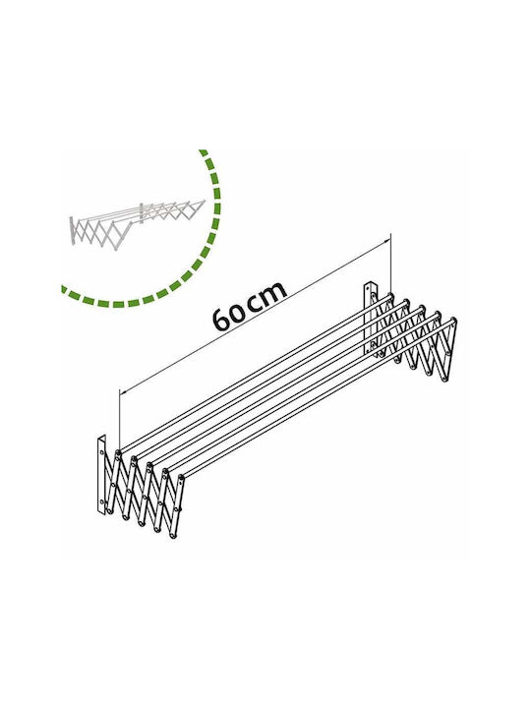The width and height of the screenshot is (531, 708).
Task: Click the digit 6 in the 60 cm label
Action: point(221,319)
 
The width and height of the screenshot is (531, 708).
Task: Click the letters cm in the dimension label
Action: point(268,296)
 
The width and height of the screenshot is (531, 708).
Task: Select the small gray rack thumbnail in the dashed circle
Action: point(138,224)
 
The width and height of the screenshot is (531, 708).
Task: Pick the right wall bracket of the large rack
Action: point(370,318)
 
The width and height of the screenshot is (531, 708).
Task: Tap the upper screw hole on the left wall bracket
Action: point(102,452)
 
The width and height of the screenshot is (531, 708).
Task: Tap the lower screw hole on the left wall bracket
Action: point(102,501)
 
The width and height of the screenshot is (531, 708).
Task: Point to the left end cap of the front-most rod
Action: point(181,477)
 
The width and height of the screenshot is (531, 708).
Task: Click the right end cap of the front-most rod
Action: point(453,321)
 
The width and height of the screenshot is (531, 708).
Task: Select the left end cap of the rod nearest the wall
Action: point(118,452)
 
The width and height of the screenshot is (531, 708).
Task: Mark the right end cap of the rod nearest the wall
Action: point(391,296)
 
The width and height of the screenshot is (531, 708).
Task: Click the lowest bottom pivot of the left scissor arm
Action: point(172,536)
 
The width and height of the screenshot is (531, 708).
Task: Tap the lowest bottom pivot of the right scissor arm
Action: point(444,380)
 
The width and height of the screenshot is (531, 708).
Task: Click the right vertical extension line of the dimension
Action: point(391,263)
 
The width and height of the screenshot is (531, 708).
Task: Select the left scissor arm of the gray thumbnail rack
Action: point(96,233)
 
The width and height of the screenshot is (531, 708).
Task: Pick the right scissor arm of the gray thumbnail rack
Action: point(174,211)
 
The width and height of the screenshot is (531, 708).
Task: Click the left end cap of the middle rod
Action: point(149,464)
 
